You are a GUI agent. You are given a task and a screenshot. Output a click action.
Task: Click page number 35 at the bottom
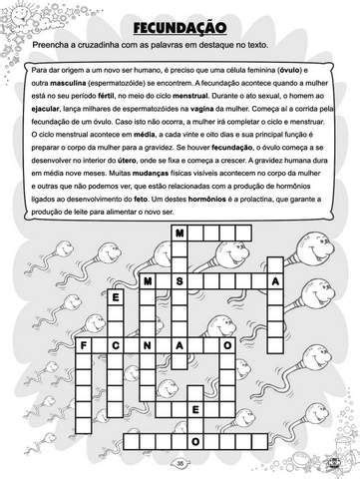click(180, 462)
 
